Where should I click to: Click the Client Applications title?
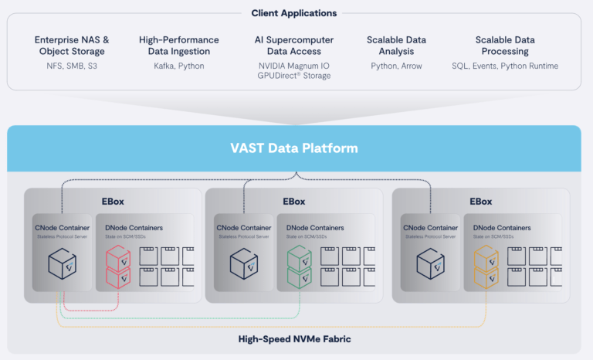pos(294,13)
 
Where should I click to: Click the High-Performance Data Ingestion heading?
pos(179,46)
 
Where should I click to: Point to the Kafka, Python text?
pos(179,66)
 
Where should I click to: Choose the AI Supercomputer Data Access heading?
pos(294,46)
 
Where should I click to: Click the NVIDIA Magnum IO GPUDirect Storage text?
pos(294,71)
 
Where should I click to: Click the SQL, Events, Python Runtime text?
pos(505,66)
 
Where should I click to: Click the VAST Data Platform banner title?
pos(294,148)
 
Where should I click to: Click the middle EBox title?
pos(294,202)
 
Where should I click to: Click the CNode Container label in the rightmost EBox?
pos(430,228)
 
